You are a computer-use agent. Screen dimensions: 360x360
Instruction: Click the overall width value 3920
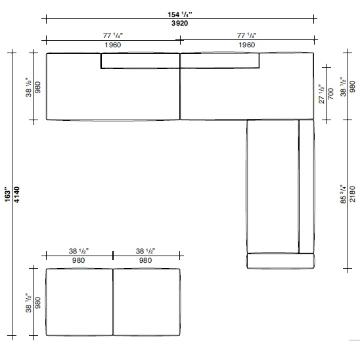[180, 23]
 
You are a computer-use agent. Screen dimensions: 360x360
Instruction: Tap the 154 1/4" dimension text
[180, 14]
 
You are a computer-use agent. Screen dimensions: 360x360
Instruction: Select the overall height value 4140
[17, 194]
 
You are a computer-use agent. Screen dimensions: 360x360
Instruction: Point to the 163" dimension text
[7, 196]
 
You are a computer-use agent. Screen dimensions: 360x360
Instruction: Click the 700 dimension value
[330, 94]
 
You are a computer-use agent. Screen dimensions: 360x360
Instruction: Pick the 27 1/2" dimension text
[321, 94]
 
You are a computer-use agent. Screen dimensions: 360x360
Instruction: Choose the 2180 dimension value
[352, 194]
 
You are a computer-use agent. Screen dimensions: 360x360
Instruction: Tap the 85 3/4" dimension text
[343, 194]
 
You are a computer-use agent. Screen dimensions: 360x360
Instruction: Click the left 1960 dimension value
[113, 45]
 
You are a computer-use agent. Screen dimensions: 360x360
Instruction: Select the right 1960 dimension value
[247, 45]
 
